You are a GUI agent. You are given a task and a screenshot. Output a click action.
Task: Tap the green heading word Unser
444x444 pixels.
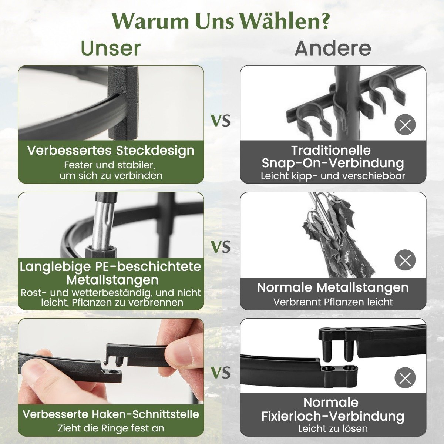(x=111, y=48)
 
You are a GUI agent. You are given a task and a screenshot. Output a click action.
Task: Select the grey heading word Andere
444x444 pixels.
(x=333, y=48)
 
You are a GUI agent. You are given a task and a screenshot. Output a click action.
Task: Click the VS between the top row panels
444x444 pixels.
(x=221, y=121)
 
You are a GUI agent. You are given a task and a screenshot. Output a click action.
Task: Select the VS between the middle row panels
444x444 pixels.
(x=221, y=247)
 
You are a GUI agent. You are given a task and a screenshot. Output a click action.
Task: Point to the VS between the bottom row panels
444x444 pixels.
(x=221, y=373)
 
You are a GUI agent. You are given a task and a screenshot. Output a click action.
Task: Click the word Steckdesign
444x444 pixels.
(x=155, y=151)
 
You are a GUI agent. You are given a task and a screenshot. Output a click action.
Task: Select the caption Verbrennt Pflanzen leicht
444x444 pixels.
(x=333, y=302)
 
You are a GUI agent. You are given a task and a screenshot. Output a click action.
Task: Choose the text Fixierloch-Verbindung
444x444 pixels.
(x=333, y=416)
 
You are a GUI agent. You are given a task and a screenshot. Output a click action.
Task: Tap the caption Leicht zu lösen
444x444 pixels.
(x=333, y=428)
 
